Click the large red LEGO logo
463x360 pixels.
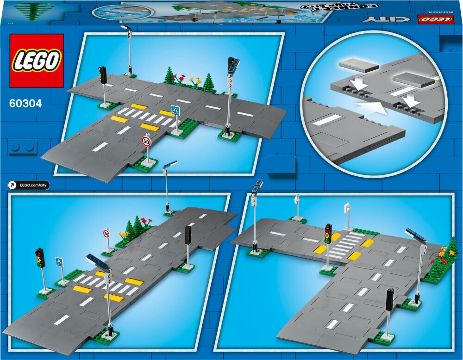click(37, 60)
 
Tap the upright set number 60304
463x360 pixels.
click(25, 104)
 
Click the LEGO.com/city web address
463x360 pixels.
click(33, 186)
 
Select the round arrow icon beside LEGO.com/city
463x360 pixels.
click(13, 186)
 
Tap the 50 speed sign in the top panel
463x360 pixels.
click(147, 142)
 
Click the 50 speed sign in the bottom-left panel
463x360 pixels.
click(106, 234)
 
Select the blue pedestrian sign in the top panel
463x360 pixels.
click(175, 111)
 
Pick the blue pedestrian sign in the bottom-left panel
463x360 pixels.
click(59, 261)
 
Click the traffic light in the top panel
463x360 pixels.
click(103, 75)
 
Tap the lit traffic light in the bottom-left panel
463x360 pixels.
click(40, 258)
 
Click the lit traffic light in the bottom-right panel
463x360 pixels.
click(328, 233)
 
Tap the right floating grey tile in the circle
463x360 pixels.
click(413, 81)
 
